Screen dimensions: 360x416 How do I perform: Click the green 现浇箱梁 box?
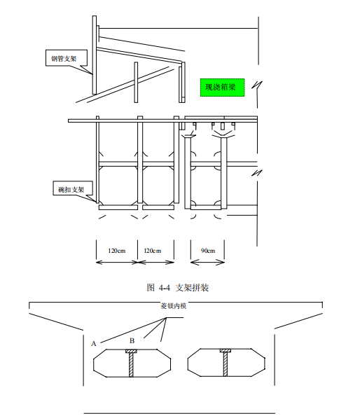coord(222,88)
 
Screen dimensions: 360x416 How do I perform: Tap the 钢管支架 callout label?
coord(64,59)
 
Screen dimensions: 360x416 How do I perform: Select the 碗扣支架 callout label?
coord(71,189)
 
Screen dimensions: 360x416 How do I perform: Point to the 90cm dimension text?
coord(208,251)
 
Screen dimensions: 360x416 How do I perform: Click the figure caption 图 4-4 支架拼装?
coord(178,288)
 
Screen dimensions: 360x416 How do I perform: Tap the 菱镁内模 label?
coord(174,306)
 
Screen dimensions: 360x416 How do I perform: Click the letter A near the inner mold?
coord(93,344)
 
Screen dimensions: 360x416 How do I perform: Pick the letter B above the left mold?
coord(132,340)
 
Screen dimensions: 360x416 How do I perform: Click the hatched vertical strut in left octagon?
coord(131,365)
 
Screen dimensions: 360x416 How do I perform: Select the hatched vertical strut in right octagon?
coord(226,364)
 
